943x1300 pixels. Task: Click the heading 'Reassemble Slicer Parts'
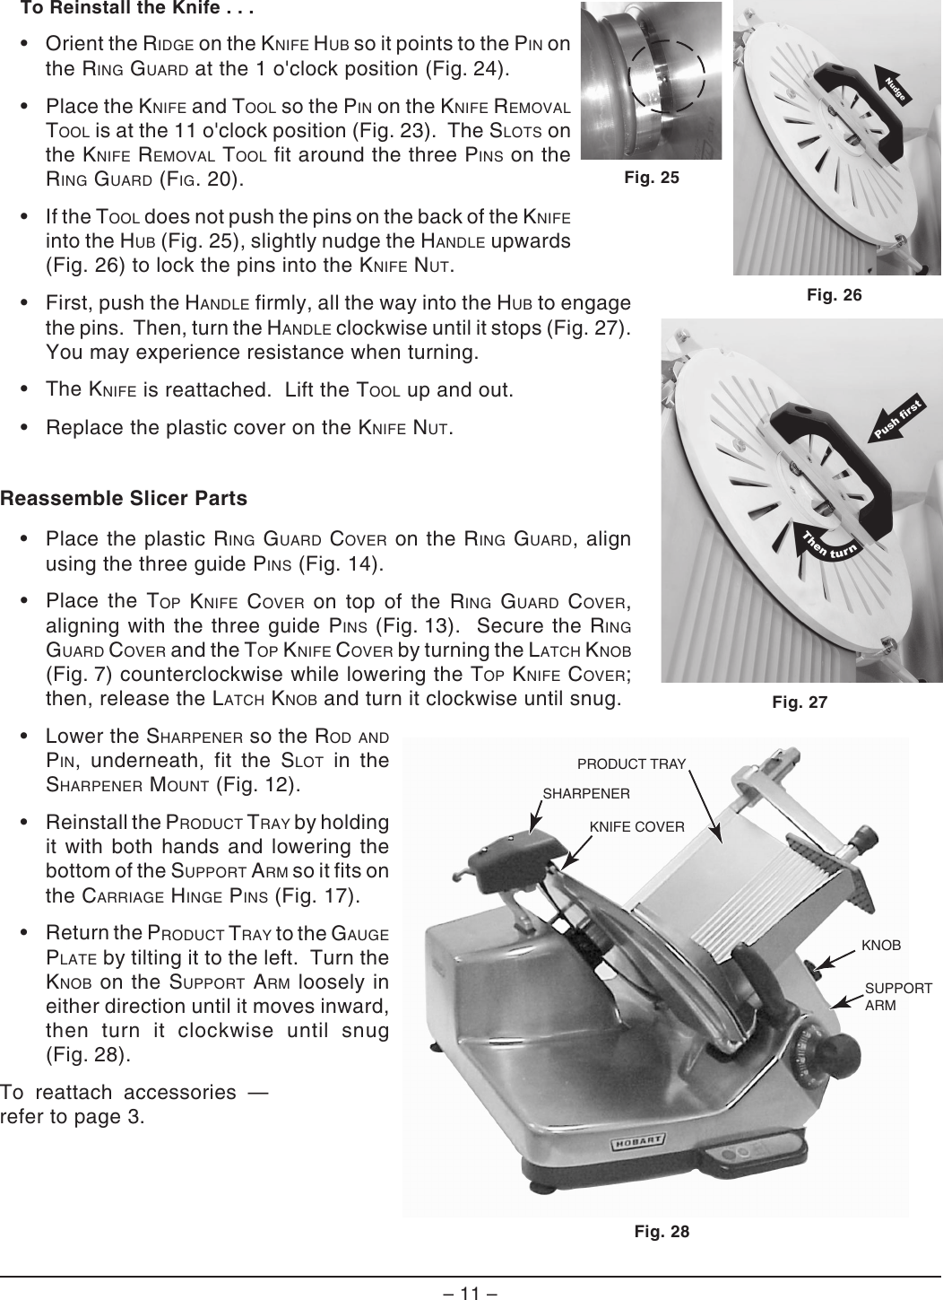124,498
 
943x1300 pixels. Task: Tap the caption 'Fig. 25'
652,178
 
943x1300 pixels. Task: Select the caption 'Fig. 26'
834,294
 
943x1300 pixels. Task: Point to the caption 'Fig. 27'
800,702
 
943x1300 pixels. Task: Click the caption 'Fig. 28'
662,1231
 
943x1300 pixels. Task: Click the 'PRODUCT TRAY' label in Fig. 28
631,764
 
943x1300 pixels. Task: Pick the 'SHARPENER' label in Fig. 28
587,794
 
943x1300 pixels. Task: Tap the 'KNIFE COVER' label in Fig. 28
636,826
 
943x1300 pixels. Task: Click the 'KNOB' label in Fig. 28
880,946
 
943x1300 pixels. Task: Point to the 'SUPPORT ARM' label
897,997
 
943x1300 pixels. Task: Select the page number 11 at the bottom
471,1292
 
